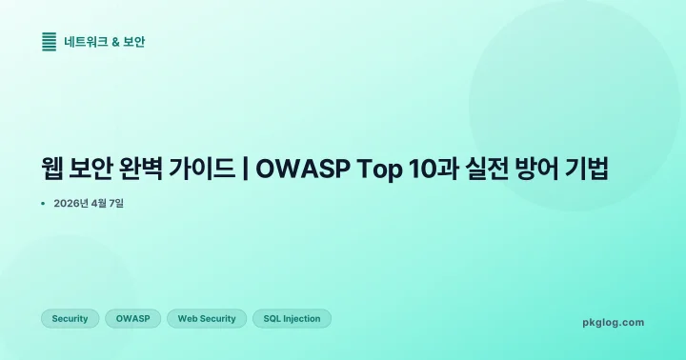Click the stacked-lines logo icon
(50, 42)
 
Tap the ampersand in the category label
(116, 42)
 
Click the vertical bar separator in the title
(247, 170)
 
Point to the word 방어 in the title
(540, 170)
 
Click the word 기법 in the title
(592, 170)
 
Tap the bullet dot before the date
(44, 204)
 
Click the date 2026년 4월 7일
(89, 204)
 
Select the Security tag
(70, 319)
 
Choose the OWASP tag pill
(132, 319)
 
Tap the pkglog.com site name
(613, 322)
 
